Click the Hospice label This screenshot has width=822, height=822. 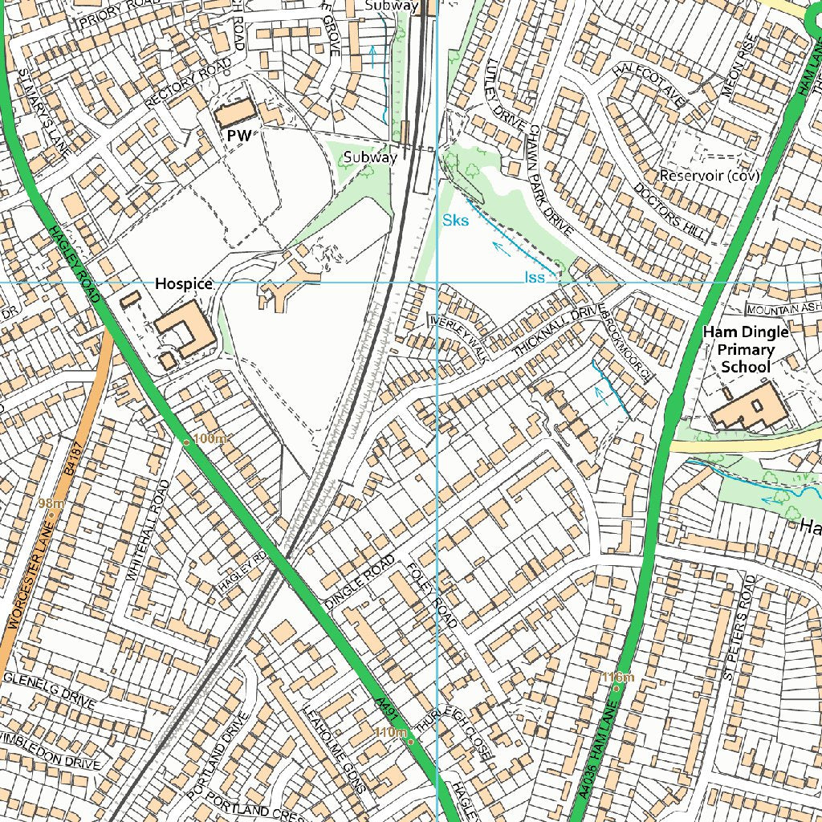[x=184, y=283]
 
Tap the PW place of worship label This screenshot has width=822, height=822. [x=239, y=136]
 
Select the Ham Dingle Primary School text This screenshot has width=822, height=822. [x=746, y=349]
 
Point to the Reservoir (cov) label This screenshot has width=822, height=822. [x=710, y=175]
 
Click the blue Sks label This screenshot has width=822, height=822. [x=455, y=221]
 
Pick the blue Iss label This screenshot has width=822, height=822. [x=535, y=277]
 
